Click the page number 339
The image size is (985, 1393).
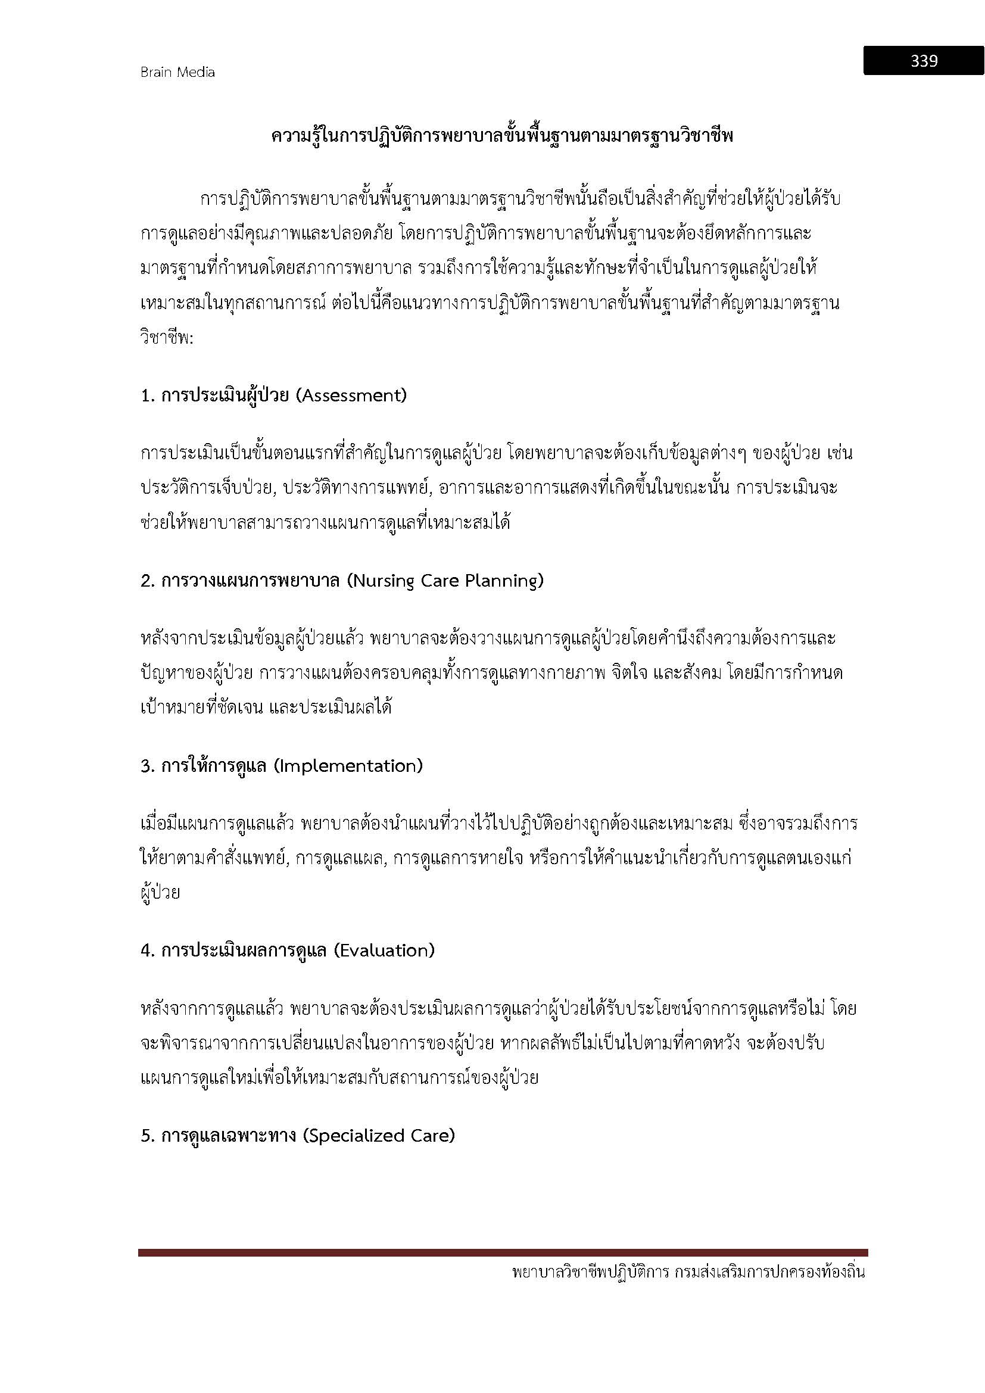(923, 61)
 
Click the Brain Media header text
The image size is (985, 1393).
(177, 72)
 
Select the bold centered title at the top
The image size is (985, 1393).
(502, 136)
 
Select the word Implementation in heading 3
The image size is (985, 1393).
(348, 766)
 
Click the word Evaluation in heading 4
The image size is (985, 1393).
(384, 950)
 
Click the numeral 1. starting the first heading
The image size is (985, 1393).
(148, 395)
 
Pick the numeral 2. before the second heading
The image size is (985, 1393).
(148, 581)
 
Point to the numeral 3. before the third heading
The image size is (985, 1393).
(148, 766)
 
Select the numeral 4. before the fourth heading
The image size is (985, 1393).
(148, 950)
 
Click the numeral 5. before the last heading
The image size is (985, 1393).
(148, 1135)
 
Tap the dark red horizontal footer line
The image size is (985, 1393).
(502, 1252)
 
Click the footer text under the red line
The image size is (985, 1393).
(688, 1272)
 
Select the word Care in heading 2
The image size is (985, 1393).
(441, 581)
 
